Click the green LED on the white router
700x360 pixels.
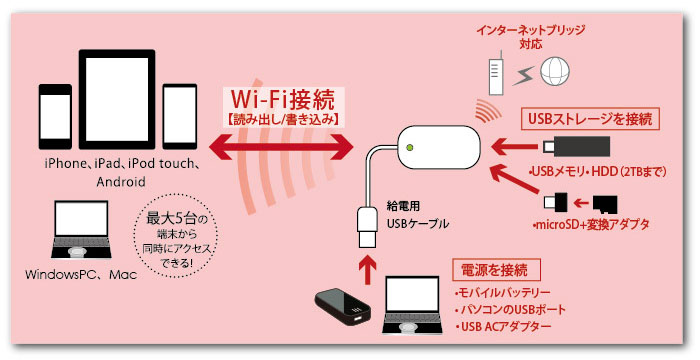(x=410, y=151)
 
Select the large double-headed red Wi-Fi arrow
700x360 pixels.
(x=283, y=147)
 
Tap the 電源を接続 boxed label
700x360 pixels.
(x=497, y=270)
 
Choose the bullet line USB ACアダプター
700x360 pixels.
(x=506, y=327)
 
